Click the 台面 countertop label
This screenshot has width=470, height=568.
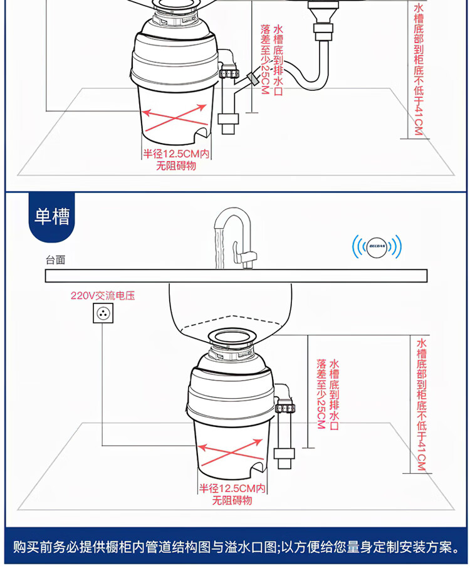[x=55, y=260]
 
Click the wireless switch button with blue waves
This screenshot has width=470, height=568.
[x=376, y=246]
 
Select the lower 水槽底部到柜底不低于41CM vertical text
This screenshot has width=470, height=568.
[x=420, y=404]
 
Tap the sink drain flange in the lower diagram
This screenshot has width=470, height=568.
[x=232, y=339]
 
